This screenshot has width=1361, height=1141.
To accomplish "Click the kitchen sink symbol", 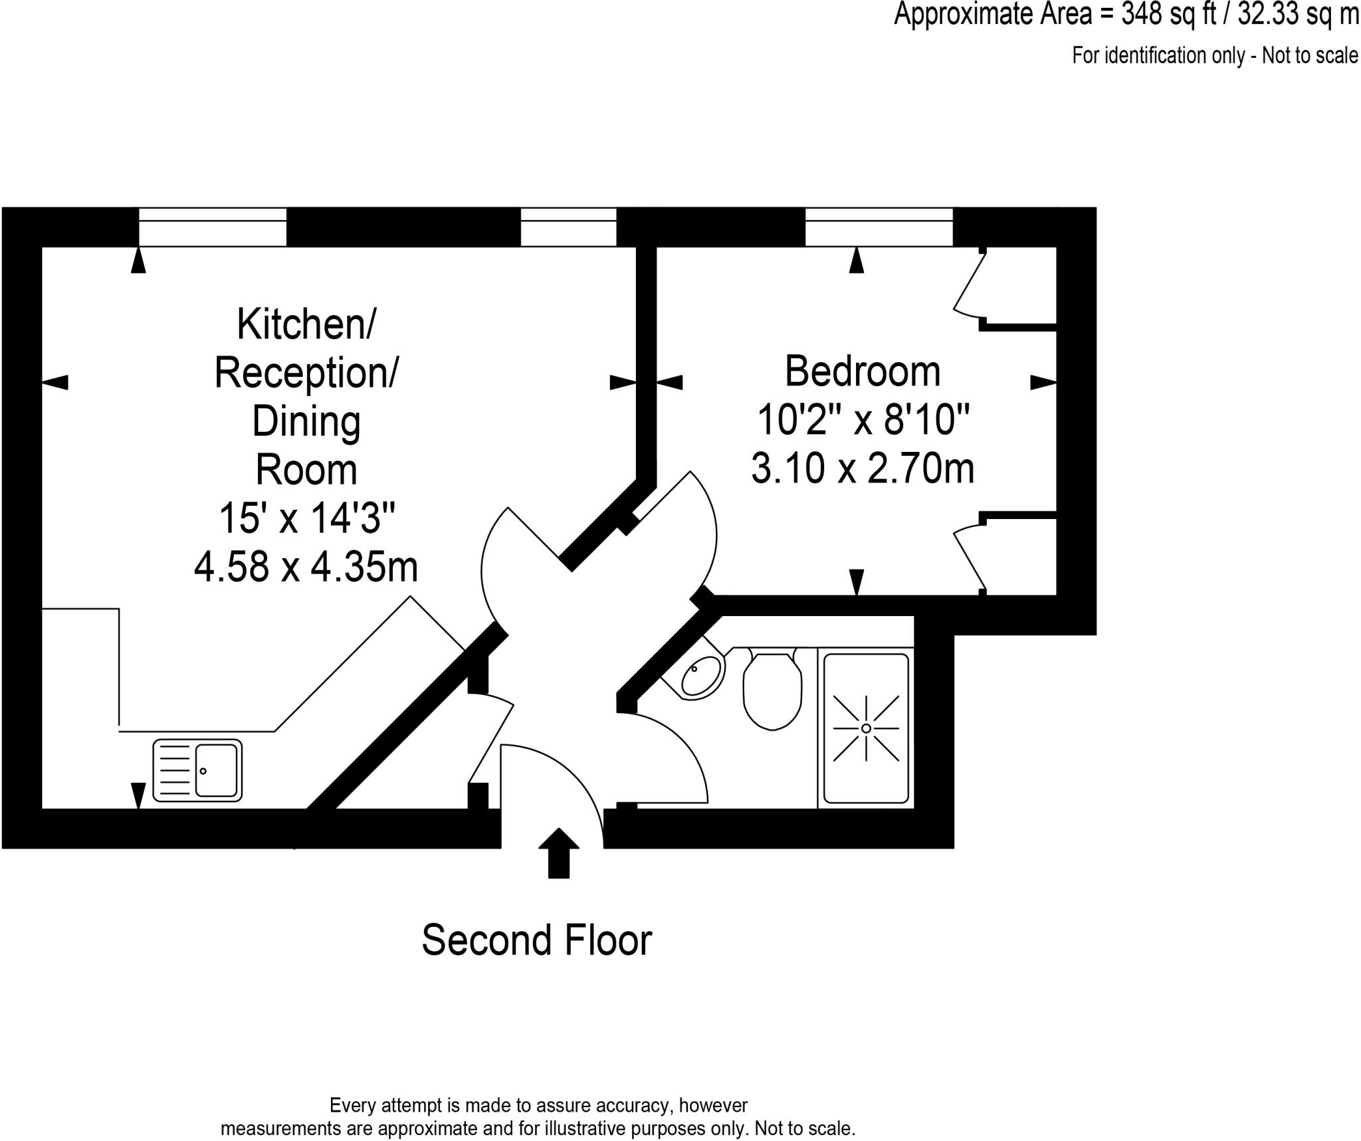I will pos(197,770).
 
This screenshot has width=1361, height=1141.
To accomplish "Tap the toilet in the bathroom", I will pos(772,691).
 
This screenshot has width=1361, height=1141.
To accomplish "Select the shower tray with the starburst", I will pos(866,728).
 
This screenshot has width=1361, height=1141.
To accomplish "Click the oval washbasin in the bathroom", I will pos(702,676).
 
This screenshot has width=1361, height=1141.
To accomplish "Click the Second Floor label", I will pos(537,940).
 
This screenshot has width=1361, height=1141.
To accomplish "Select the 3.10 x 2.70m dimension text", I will pos(863,468).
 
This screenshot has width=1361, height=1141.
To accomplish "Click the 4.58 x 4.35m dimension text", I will pos(306,567).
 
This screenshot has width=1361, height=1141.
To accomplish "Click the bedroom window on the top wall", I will pos(879,227).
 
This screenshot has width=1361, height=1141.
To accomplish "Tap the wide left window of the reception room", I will pos(213,227).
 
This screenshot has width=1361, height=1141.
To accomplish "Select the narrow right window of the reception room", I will pos(568,227).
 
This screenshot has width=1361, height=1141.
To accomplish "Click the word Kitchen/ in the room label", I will pos(306,324).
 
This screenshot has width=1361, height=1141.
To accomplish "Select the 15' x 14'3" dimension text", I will pos(307,518).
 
